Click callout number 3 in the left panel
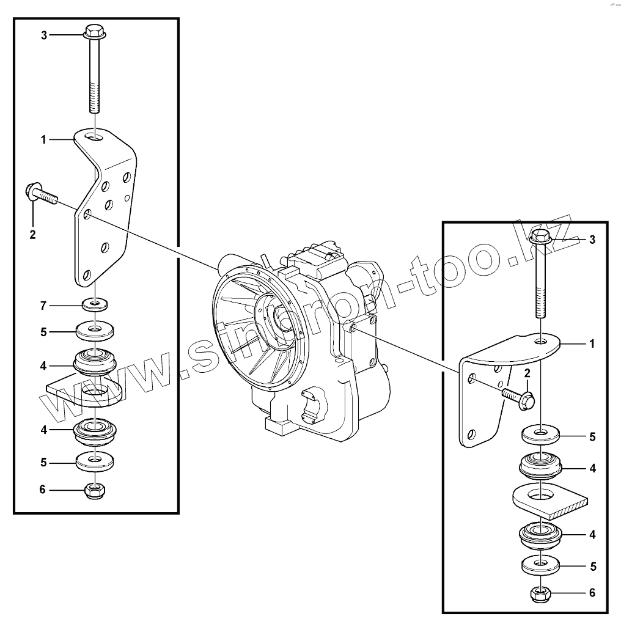[44, 35]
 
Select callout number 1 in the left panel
[44, 140]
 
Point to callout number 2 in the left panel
[33, 233]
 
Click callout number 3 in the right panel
[592, 240]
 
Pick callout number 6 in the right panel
[592, 593]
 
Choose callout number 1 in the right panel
[592, 344]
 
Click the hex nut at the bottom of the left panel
[94, 490]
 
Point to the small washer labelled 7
[95, 303]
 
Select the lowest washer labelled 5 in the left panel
[95, 461]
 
